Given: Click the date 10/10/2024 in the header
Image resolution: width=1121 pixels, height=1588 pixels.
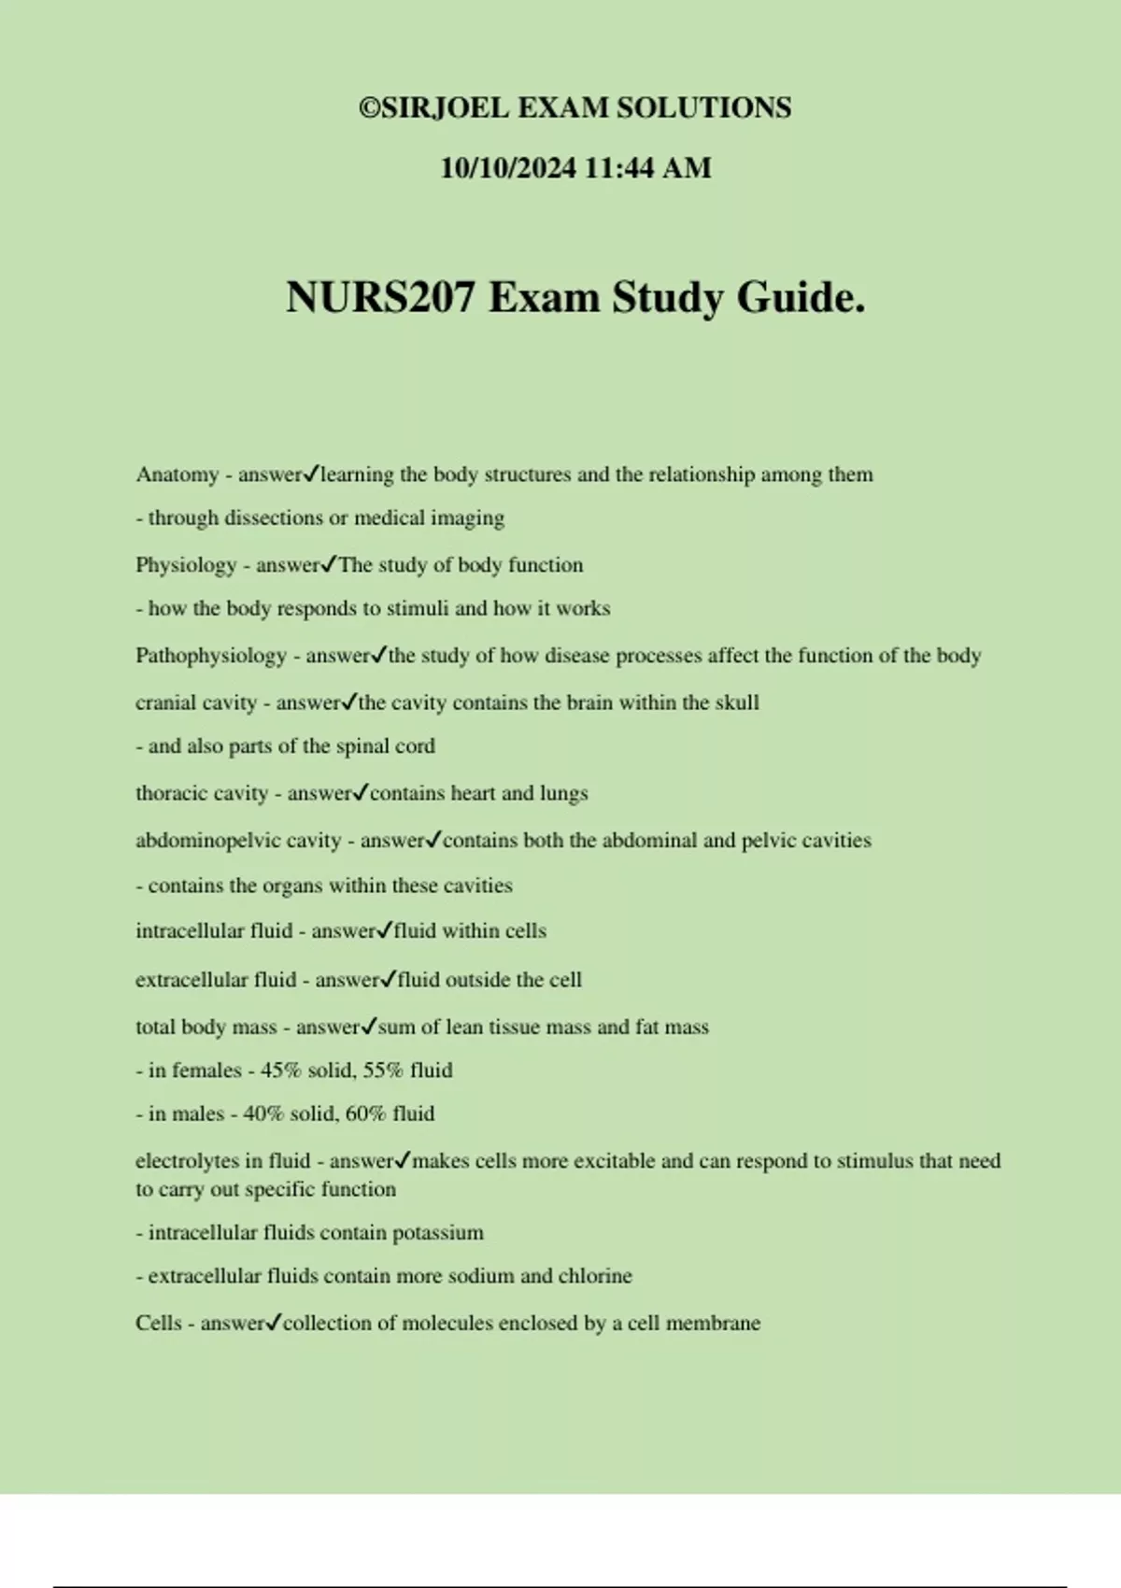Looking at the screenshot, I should pyautogui.click(x=507, y=168).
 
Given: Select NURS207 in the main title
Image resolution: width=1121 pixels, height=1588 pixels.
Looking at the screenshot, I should pyautogui.click(x=380, y=298).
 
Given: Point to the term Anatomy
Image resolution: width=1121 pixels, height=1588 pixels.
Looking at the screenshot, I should pyautogui.click(x=177, y=475).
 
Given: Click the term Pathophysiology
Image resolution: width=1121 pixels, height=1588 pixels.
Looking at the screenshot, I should pyautogui.click(x=211, y=656).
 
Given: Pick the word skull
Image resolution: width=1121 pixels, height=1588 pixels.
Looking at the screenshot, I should pyautogui.click(x=736, y=702).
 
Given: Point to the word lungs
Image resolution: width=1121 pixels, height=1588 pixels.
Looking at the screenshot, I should pyautogui.click(x=563, y=794).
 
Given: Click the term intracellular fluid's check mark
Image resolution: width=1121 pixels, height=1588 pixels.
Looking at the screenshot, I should pyautogui.click(x=385, y=930).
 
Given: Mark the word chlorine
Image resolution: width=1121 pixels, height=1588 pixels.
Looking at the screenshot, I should pyautogui.click(x=594, y=1276).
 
